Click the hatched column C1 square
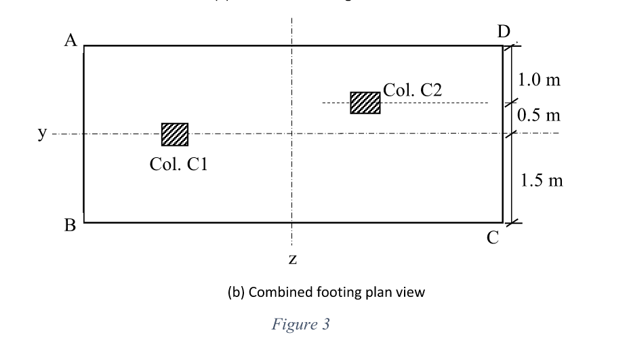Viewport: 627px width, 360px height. click(x=175, y=134)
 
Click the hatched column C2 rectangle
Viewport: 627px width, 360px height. click(x=365, y=102)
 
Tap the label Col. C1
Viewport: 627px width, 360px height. click(x=178, y=164)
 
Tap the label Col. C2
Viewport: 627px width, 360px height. click(x=413, y=89)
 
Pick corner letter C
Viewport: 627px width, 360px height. click(x=493, y=237)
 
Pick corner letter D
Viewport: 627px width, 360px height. click(x=503, y=31)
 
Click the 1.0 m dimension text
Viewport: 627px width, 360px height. click(x=539, y=80)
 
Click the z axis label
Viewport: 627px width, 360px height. click(x=291, y=259)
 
